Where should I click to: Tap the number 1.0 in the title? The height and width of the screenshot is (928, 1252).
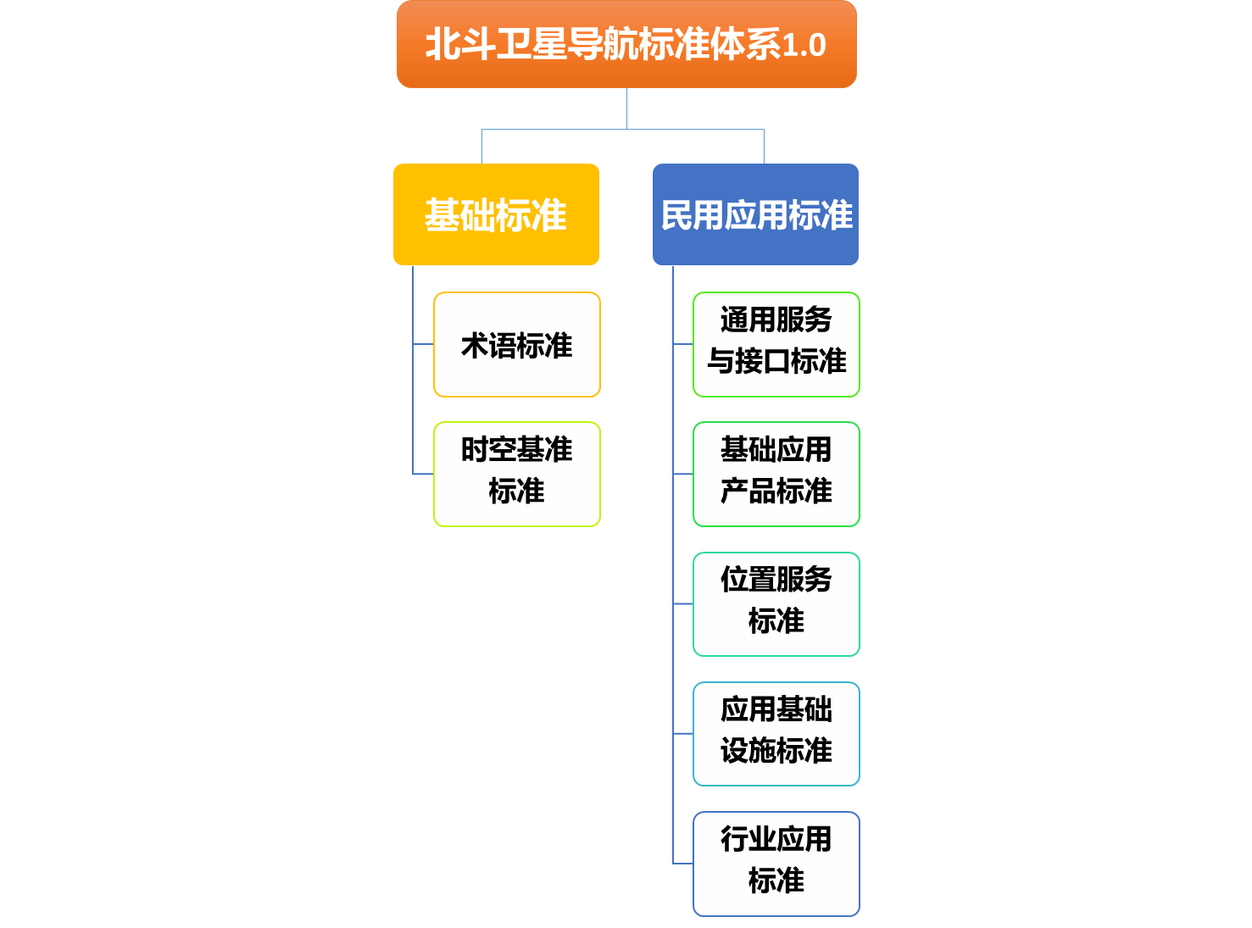(x=804, y=46)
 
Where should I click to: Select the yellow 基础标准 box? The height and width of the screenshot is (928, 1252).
(x=496, y=214)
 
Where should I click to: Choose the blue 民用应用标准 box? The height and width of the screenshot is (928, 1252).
(x=755, y=214)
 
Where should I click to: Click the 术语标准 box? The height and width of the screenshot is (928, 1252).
(x=516, y=345)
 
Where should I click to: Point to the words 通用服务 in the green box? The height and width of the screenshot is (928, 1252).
(x=776, y=320)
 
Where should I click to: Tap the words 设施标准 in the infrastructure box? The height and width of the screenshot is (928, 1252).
(x=776, y=751)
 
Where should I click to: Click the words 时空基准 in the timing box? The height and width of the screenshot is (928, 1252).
(x=516, y=450)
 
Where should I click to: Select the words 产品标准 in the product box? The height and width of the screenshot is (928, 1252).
(x=776, y=492)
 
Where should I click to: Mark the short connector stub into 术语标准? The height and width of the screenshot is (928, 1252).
(x=423, y=345)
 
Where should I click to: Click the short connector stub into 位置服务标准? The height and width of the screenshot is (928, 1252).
(x=683, y=604)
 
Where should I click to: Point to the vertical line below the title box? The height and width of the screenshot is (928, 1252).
(x=626, y=108)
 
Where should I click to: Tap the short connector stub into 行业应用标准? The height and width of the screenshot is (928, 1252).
(x=683, y=864)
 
